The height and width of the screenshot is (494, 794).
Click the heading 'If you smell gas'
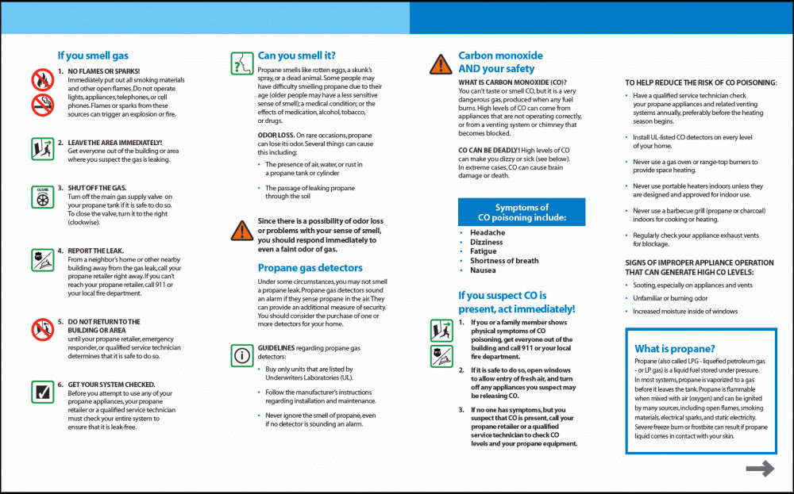click(x=93, y=56)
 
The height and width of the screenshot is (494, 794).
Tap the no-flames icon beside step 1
click(x=42, y=79)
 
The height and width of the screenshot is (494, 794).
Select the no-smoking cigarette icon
click(x=42, y=104)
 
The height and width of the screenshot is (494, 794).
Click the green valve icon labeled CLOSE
click(x=42, y=197)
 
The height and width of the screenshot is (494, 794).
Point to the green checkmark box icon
click(x=42, y=392)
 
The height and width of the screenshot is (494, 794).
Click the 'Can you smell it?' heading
click(x=296, y=56)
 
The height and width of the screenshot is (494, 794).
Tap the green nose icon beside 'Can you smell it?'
click(x=241, y=63)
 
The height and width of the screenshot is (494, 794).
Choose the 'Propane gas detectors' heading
click(x=310, y=268)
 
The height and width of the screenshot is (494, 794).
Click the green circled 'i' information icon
click(x=241, y=355)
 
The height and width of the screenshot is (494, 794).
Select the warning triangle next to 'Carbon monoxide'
click(x=441, y=64)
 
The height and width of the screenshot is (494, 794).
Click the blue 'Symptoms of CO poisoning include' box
click(x=522, y=213)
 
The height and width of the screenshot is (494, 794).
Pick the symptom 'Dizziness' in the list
click(x=486, y=242)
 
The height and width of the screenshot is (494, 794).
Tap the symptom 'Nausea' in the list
click(x=483, y=270)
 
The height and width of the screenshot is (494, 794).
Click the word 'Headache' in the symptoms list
click(x=487, y=232)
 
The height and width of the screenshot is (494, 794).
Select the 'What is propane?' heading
click(x=675, y=349)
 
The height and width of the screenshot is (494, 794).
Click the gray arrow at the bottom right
click(x=760, y=469)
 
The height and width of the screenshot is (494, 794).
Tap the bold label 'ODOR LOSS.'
click(x=276, y=136)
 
